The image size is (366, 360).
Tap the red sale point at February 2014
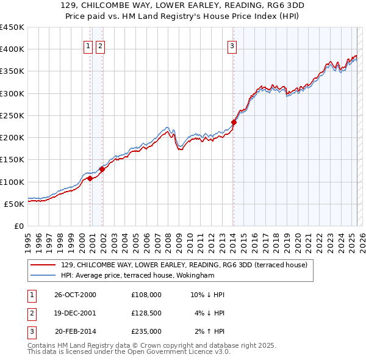(234, 122)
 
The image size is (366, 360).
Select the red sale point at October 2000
(90, 178)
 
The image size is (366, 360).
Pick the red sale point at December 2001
(102, 169)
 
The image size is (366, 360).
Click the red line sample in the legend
(43, 265)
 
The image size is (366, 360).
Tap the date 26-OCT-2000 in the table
(75, 295)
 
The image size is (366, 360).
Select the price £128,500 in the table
(146, 313)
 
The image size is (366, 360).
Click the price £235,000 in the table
(146, 331)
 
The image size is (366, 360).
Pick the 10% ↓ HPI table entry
(207, 295)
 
